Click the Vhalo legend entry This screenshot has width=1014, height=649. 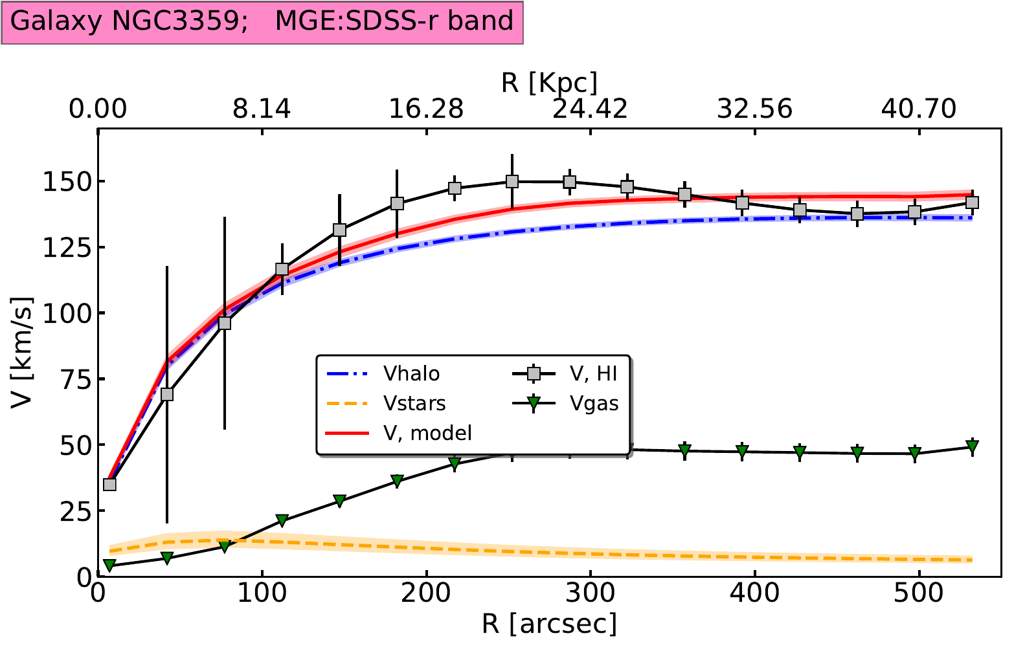(x=411, y=374)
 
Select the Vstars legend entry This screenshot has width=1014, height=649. (x=414, y=404)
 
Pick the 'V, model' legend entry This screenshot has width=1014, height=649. (x=427, y=433)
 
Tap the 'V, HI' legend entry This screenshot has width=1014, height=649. (x=593, y=373)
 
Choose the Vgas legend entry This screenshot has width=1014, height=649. (x=594, y=403)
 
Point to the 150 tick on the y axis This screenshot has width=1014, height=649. (x=65, y=182)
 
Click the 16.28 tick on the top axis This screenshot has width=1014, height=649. (x=426, y=109)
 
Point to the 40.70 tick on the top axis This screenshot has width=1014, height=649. (x=919, y=109)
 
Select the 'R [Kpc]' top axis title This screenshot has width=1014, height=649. (x=549, y=83)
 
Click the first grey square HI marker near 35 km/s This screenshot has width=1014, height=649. (x=109, y=484)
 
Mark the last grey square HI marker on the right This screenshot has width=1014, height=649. (x=972, y=203)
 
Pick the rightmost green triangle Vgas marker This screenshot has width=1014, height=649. (x=972, y=447)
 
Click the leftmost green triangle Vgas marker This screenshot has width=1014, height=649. (x=109, y=566)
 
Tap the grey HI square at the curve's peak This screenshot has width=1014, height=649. (x=512, y=182)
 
